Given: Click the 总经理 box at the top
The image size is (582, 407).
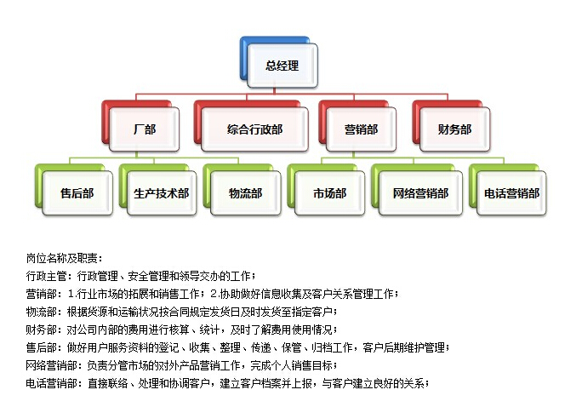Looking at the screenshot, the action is point(282,66).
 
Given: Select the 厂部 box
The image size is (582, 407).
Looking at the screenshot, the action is point(144,129).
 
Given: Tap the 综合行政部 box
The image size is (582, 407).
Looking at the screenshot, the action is point(254,129).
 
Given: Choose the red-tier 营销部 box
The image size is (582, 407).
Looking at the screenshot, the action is point(361,129).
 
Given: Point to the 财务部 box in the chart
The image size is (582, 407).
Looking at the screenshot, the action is point(454,129).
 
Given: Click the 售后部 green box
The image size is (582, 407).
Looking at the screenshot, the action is point(77,193).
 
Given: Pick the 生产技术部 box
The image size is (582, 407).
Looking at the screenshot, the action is point(162,193).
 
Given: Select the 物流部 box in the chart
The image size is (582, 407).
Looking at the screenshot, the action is point(245,193).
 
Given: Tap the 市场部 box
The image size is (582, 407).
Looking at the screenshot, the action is point(329,193).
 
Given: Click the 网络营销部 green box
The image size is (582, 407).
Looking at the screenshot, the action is point(420,193).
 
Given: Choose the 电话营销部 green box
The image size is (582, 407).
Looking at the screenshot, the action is point(511,193).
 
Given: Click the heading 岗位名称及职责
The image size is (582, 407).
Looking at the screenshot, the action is point(62,258).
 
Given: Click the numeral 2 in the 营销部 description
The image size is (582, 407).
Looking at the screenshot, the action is point(214,294).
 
